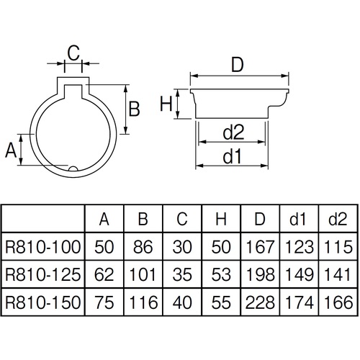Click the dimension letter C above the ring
click(73, 53)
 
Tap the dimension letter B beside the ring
click(135, 109)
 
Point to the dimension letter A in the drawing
click(11, 150)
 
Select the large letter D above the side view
click(238, 65)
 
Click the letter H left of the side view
click(166, 104)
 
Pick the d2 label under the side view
click(233, 132)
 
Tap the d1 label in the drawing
click(232, 156)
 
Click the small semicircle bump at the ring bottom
click(73, 168)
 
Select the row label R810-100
click(43, 247)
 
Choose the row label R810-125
click(43, 275)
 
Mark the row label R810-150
click(43, 302)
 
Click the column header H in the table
click(221, 219)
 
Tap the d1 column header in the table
click(297, 219)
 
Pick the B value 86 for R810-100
click(143, 247)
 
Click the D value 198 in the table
click(260, 275)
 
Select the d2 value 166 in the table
click(338, 302)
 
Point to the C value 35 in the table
click(182, 275)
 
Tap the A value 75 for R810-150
click(104, 302)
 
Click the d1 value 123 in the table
click(300, 247)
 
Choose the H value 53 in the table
click(221, 275)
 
